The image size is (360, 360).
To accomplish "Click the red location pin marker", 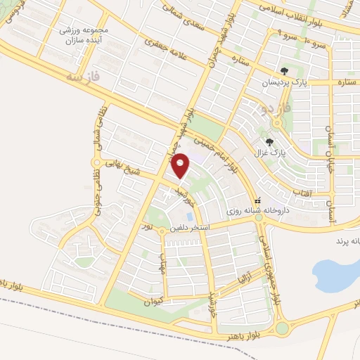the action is tap(181, 165).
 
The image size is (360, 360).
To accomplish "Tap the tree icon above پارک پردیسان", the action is tap(284, 71).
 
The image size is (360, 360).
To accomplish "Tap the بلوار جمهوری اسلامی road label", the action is tap(271, 271).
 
